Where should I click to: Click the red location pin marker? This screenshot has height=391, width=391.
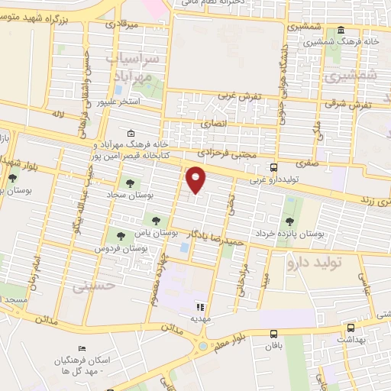196,179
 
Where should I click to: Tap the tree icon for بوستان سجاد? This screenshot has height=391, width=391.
127,183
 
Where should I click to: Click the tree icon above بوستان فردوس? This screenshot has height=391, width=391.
119,235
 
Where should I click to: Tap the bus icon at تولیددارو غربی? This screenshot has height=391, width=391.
273,167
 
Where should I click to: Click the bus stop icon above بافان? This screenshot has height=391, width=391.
273,333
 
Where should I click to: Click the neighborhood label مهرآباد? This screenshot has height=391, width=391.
134,76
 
